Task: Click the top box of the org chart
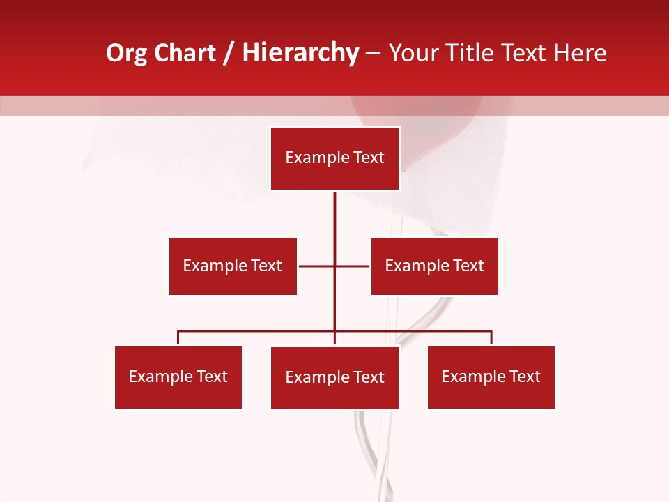(x=334, y=158)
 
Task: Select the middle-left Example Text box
(x=233, y=266)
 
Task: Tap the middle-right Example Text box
(x=434, y=266)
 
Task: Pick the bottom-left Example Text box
(x=178, y=376)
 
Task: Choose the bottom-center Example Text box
(x=334, y=377)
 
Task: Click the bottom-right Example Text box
(x=491, y=376)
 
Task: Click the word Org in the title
(x=126, y=53)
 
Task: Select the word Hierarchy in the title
(x=300, y=53)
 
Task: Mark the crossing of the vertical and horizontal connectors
(x=334, y=266)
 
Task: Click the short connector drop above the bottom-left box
(x=178, y=337)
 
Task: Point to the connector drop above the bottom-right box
(x=491, y=337)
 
